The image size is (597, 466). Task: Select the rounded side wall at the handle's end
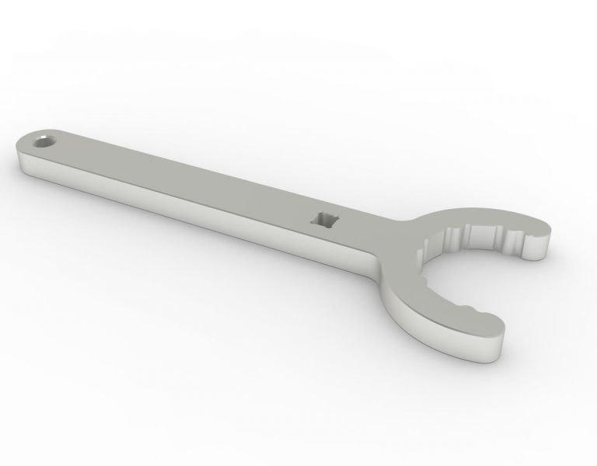point(22,162)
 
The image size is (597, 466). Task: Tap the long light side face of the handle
point(194,214)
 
